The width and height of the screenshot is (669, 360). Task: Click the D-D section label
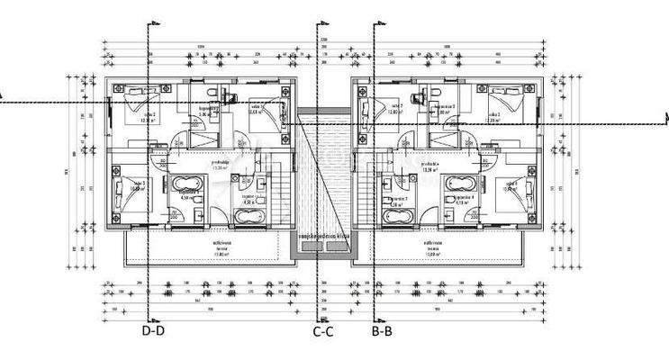click(x=152, y=330)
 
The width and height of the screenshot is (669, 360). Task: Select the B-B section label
click(x=382, y=330)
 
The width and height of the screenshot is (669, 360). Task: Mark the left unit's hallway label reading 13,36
click(x=219, y=166)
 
